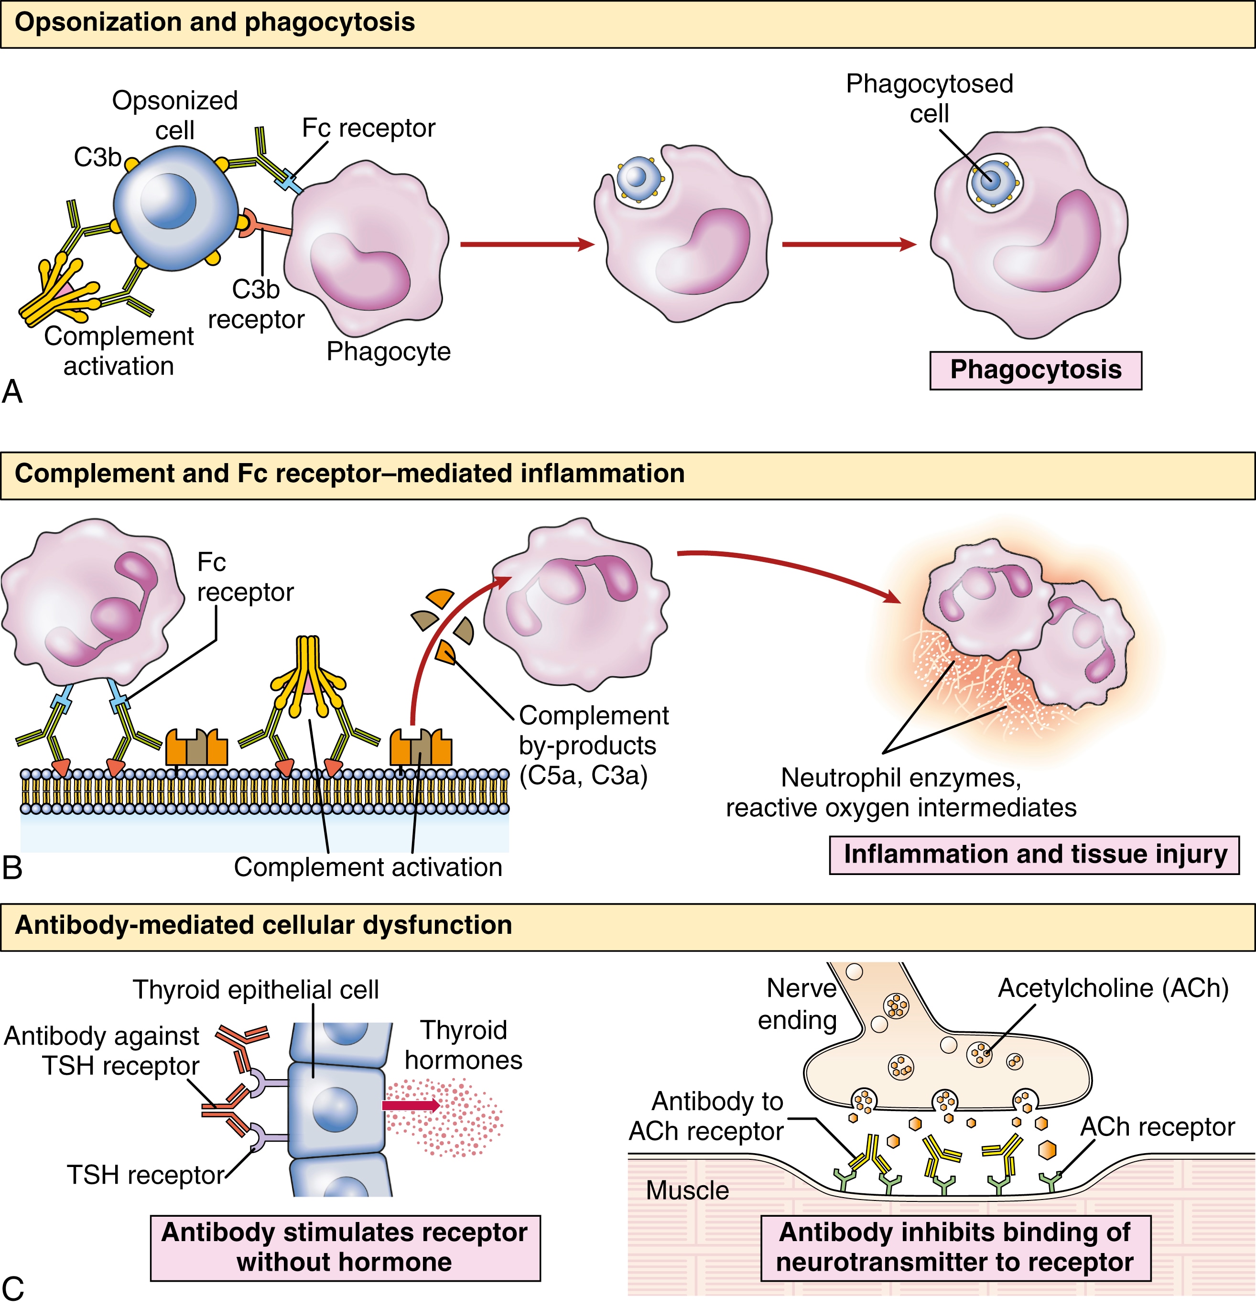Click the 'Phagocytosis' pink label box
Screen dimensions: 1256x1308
pyautogui.click(x=1035, y=370)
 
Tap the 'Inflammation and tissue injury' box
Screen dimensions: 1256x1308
pyautogui.click(x=1034, y=855)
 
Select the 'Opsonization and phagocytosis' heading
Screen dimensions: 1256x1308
pyautogui.click(x=215, y=22)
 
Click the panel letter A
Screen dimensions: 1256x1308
pyautogui.click(x=13, y=392)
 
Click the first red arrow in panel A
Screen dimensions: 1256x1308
pyautogui.click(x=527, y=244)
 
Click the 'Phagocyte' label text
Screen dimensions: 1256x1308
pyautogui.click(x=389, y=351)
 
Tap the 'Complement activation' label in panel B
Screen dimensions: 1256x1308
pyautogui.click(x=368, y=867)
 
